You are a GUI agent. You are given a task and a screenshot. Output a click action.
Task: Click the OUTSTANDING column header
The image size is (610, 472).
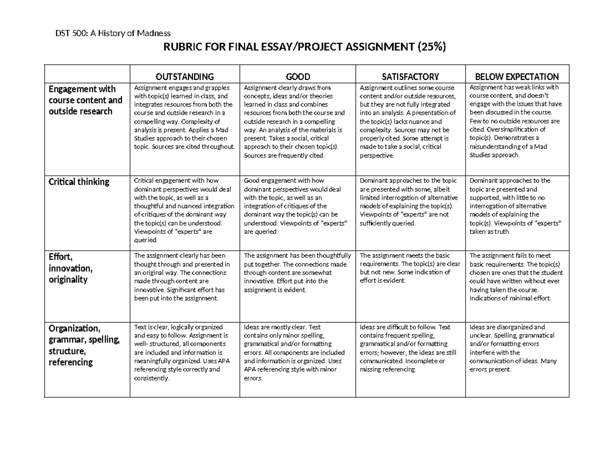pyautogui.click(x=185, y=77)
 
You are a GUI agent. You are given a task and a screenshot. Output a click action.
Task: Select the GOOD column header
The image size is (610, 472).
pyautogui.click(x=298, y=77)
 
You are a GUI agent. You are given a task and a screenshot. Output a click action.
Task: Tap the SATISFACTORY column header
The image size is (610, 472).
pyautogui.click(x=410, y=77)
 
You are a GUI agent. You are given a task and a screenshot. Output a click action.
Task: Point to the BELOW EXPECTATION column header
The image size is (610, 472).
pyautogui.click(x=516, y=77)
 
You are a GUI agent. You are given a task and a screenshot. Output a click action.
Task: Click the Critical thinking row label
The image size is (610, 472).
pyautogui.click(x=79, y=182)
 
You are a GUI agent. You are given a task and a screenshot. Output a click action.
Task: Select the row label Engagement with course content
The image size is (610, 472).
pyautogui.click(x=85, y=100)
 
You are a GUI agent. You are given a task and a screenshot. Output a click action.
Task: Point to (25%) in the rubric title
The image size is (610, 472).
pyautogui.click(x=431, y=48)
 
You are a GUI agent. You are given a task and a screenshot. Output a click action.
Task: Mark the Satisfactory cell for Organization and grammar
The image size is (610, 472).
pyautogui.click(x=410, y=348)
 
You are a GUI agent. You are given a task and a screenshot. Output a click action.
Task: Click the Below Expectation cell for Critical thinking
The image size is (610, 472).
pyautogui.click(x=516, y=206)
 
